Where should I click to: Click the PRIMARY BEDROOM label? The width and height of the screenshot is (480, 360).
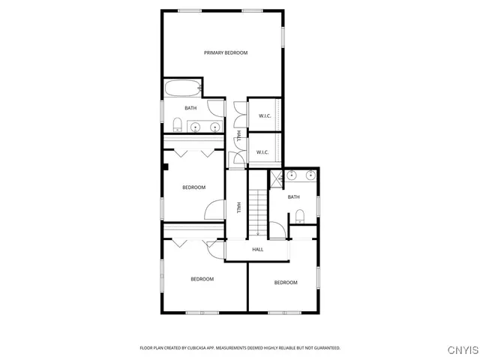226,52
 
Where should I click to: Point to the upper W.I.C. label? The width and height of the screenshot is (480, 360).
265,115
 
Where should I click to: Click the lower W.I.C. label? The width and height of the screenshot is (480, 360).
262,152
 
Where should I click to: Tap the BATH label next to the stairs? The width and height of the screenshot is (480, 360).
293,197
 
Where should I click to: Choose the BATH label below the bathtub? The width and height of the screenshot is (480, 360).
191,108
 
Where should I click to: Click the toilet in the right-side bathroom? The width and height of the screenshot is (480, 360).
299,217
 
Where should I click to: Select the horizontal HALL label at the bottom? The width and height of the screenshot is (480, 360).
257,249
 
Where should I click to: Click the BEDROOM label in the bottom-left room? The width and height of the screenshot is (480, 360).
202,279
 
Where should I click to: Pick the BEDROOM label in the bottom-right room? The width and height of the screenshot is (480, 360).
285,282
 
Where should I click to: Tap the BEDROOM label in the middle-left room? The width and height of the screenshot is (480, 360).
193,187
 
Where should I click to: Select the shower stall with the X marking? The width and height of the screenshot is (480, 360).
276,178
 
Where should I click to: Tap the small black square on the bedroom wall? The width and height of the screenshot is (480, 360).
166,167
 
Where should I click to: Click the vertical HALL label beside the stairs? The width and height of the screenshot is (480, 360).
238,208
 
